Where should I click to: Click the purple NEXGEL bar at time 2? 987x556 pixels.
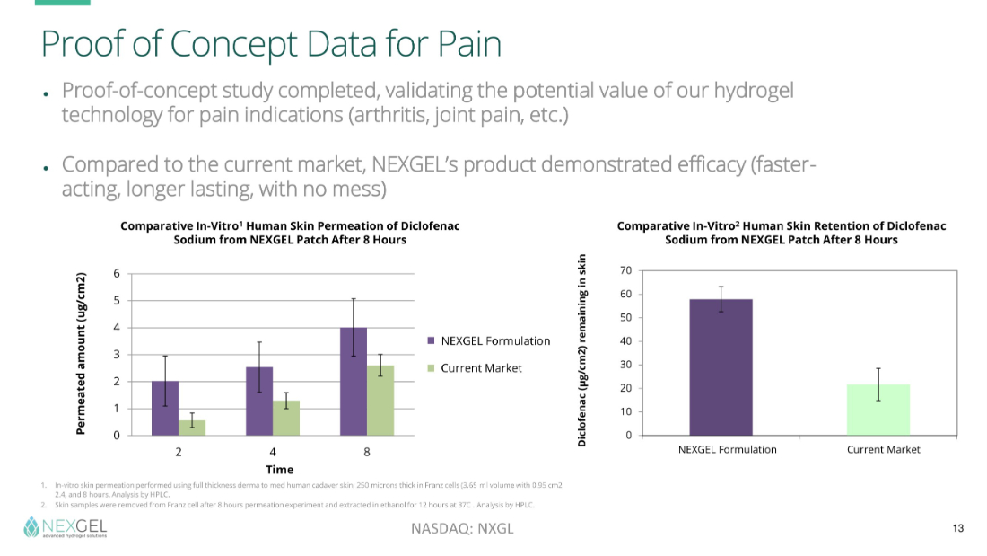pyautogui.click(x=165, y=409)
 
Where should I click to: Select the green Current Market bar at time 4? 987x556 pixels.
pyautogui.click(x=285, y=418)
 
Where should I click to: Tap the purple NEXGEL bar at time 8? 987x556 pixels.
pyautogui.click(x=354, y=382)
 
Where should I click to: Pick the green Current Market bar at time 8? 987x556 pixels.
pyautogui.click(x=380, y=401)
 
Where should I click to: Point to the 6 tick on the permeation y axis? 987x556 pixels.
pyautogui.click(x=117, y=273)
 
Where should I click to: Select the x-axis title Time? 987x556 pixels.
pyautogui.click(x=279, y=469)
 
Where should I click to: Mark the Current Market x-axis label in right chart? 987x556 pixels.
pyautogui.click(x=883, y=449)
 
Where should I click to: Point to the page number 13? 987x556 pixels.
pyautogui.click(x=957, y=528)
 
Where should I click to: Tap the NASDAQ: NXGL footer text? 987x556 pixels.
pyautogui.click(x=462, y=528)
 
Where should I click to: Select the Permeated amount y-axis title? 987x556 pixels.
pyautogui.click(x=81, y=354)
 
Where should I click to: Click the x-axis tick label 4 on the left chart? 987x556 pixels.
pyautogui.click(x=273, y=449)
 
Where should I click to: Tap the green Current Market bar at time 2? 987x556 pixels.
pyautogui.click(x=192, y=428)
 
